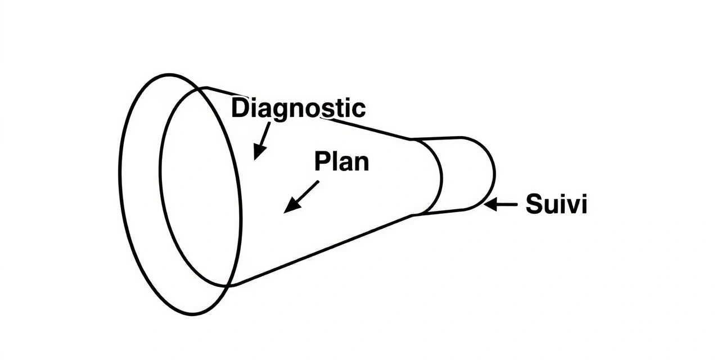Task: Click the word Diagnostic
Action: click(298, 107)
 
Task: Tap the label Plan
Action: click(341, 161)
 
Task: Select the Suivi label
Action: click(556, 204)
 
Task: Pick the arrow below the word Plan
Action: click(301, 197)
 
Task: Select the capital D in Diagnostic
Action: click(240, 107)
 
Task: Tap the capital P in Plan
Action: click(321, 161)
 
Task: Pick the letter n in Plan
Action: click(362, 163)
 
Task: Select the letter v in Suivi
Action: click(570, 206)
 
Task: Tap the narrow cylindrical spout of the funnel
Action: click(467, 174)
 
